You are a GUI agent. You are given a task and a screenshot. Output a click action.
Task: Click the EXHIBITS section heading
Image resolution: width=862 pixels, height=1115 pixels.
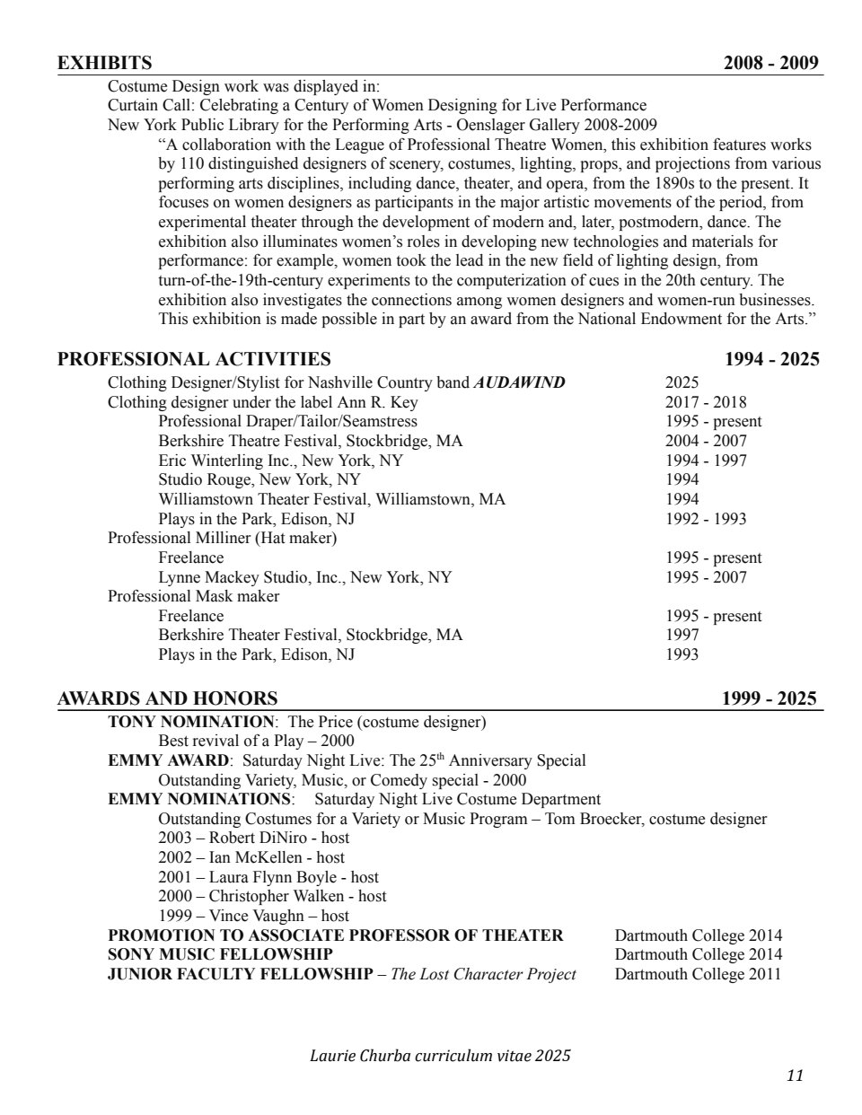[104, 63]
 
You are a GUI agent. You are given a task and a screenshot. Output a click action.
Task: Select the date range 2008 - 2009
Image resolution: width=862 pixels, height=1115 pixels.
[771, 63]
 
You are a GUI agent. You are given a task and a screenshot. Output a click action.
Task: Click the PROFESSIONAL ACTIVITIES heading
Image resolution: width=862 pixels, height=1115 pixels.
[194, 359]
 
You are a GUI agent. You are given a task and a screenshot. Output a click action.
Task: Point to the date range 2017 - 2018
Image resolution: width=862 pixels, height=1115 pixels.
[705, 402]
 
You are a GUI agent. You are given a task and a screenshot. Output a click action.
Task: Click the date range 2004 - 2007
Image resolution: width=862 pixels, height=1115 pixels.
[705, 441]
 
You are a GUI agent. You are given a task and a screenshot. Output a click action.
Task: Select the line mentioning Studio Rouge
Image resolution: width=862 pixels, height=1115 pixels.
[259, 479]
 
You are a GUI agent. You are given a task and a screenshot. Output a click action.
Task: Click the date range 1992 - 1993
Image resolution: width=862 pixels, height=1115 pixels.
[705, 519]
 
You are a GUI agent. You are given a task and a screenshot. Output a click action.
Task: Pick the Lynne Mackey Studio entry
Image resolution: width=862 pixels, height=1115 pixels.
[305, 577]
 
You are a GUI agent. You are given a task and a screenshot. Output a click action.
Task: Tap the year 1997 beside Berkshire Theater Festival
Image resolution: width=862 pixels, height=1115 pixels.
[682, 635]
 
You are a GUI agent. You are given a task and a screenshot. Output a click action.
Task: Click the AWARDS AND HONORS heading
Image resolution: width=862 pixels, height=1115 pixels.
[167, 698]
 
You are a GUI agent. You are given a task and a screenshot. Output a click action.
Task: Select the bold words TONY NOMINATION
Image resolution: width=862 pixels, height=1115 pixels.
[190, 722]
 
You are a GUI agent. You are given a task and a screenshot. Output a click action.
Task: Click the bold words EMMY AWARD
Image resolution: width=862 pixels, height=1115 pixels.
[168, 760]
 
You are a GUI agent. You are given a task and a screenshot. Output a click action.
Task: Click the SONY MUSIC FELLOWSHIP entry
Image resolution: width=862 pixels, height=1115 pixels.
[220, 954]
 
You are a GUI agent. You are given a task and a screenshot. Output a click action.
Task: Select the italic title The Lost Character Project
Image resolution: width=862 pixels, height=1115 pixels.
[483, 974]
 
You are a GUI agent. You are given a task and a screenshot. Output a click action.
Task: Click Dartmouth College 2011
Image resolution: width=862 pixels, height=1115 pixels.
[698, 974]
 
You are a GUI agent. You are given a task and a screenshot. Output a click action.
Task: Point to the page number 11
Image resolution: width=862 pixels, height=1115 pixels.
[795, 1075]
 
